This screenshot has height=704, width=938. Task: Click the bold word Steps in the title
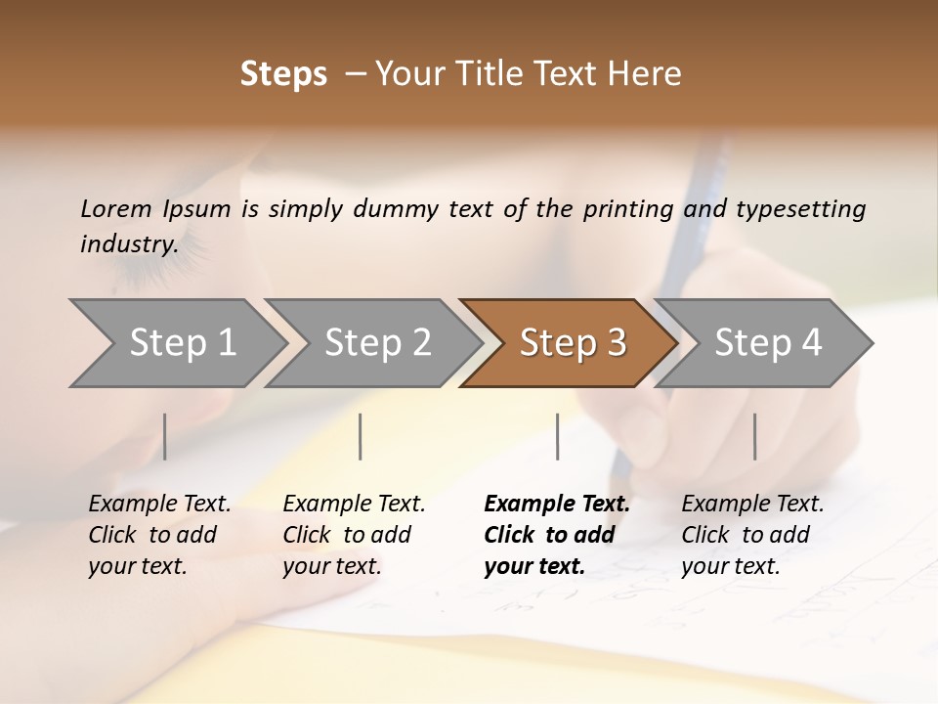pyautogui.click(x=283, y=74)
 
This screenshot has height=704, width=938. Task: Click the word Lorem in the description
pyautogui.click(x=116, y=209)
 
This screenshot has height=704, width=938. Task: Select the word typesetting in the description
pyautogui.click(x=801, y=209)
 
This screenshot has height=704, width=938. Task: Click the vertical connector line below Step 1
pyautogui.click(x=164, y=436)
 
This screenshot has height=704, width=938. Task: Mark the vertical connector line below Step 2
pyautogui.click(x=361, y=436)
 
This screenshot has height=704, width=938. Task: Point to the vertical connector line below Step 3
pyautogui.click(x=557, y=436)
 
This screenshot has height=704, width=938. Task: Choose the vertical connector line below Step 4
pyautogui.click(x=754, y=436)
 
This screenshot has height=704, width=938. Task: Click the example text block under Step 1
pyautogui.click(x=159, y=535)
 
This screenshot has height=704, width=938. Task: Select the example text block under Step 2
pyautogui.click(x=354, y=535)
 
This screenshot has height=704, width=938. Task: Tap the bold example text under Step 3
pyautogui.click(x=556, y=535)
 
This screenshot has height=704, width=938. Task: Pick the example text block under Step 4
pyautogui.click(x=752, y=535)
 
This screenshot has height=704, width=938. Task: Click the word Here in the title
pyautogui.click(x=651, y=74)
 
